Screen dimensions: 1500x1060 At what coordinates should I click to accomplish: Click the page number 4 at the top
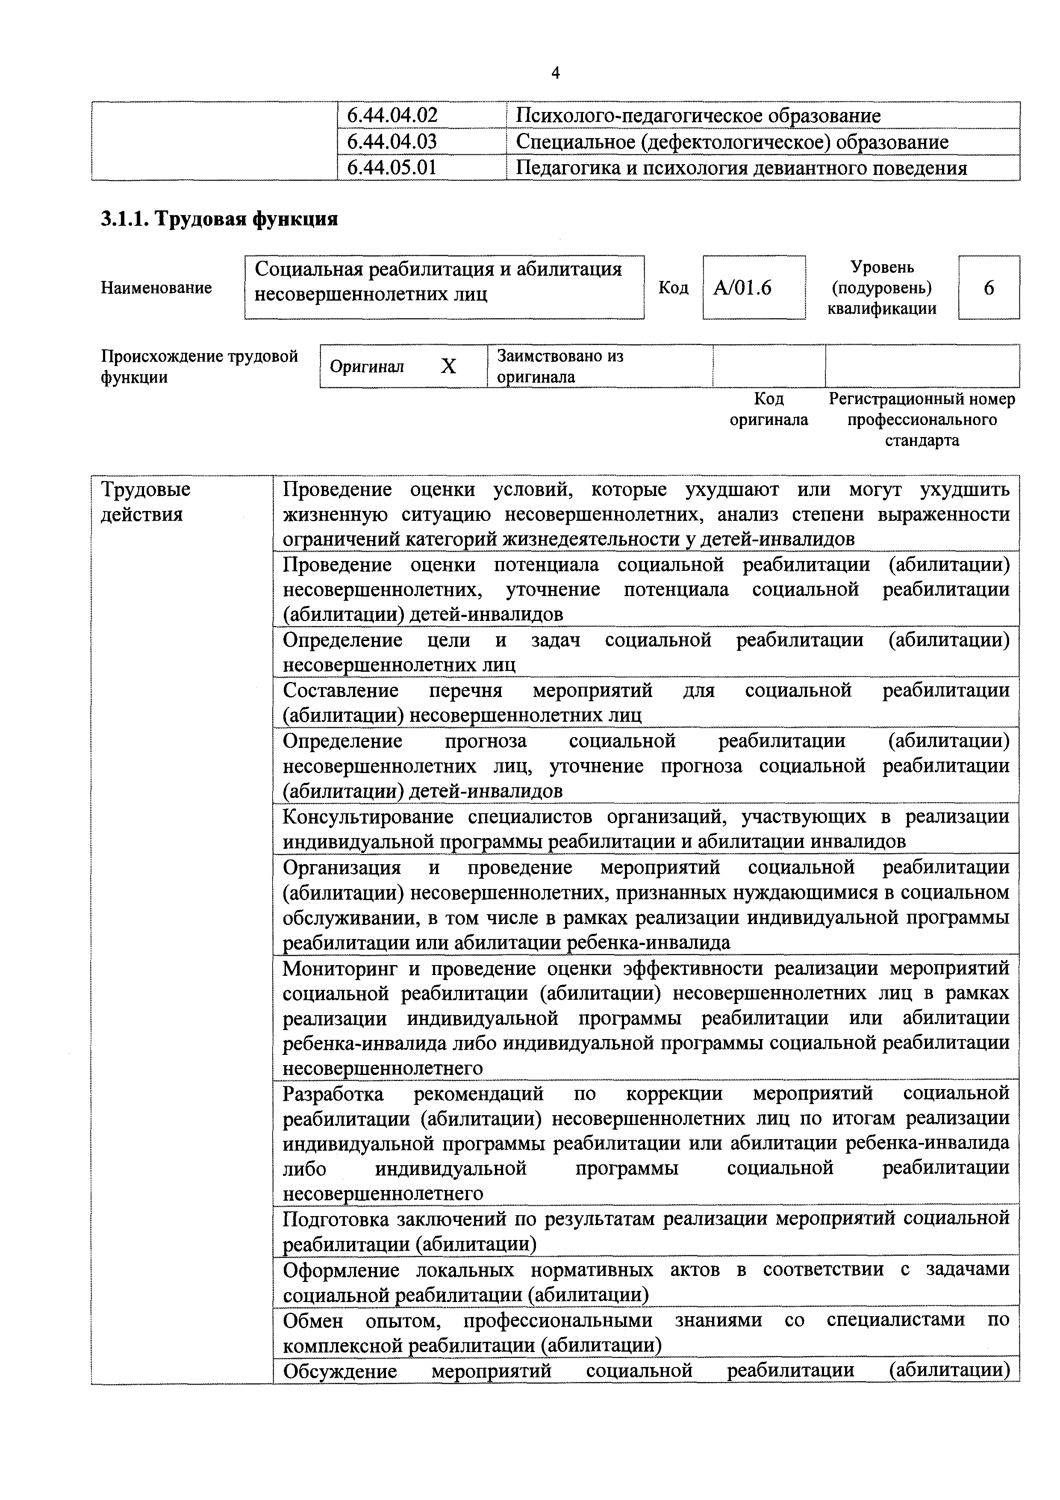pyautogui.click(x=555, y=73)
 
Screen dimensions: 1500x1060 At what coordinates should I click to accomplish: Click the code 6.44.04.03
pyautogui.click(x=392, y=142)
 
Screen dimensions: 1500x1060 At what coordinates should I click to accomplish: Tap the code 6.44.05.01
pyautogui.click(x=392, y=168)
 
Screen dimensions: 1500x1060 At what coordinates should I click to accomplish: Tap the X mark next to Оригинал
pyautogui.click(x=448, y=366)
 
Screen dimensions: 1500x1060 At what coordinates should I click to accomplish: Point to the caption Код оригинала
pyautogui.click(x=768, y=409)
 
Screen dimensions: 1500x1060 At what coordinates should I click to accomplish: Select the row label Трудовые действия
pyautogui.click(x=145, y=502)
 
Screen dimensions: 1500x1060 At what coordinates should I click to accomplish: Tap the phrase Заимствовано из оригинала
pyautogui.click(x=560, y=366)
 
